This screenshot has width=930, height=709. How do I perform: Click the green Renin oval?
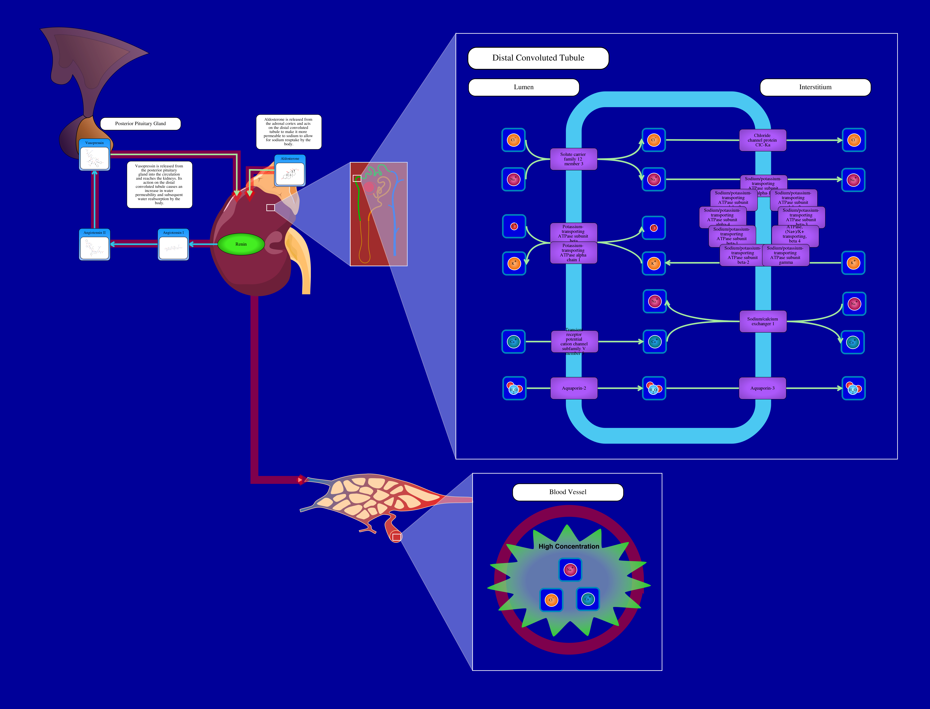(241, 244)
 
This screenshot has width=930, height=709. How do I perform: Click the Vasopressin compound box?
(95, 155)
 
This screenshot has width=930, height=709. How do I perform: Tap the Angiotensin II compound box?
(95, 245)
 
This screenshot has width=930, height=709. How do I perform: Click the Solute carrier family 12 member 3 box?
(573, 159)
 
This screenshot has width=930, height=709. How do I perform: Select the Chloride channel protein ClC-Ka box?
(762, 140)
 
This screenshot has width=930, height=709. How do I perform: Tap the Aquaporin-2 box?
(574, 388)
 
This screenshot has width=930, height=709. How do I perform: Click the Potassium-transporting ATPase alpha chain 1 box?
(573, 253)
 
